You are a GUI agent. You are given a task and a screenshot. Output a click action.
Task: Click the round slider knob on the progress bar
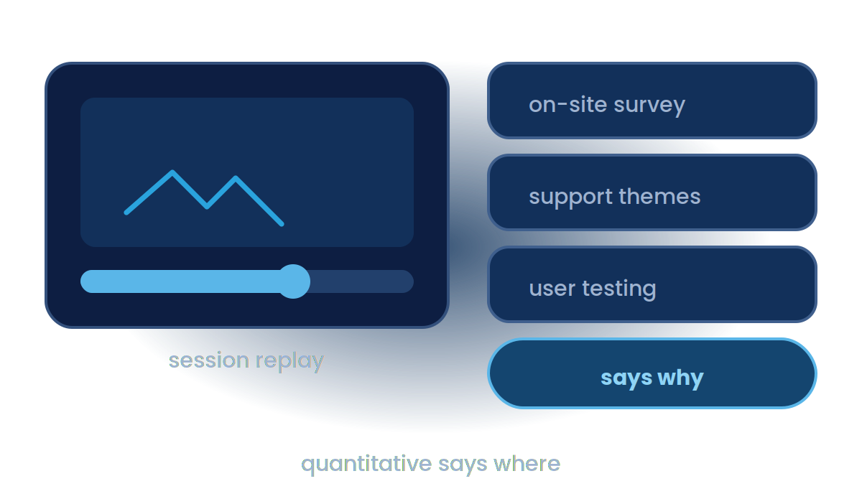[x=293, y=281]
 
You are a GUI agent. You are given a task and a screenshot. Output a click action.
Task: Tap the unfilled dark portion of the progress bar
[x=362, y=281]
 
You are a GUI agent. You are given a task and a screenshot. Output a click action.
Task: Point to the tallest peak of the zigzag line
[x=172, y=172]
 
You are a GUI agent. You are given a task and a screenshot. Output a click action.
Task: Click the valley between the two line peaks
[x=207, y=207]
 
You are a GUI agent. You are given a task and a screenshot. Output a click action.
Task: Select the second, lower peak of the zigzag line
[x=236, y=178]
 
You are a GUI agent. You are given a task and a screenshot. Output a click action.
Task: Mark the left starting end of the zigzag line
[x=126, y=213]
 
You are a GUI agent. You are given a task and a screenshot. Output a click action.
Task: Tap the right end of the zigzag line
[x=282, y=224]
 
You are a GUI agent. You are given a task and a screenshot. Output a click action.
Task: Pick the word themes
[x=660, y=196]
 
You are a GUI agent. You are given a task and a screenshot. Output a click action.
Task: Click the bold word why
[x=680, y=378]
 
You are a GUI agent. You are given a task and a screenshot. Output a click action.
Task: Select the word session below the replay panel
[x=209, y=360]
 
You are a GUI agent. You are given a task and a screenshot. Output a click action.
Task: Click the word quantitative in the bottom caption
[x=366, y=465]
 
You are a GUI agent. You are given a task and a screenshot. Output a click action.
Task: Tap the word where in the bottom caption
[x=527, y=463]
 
